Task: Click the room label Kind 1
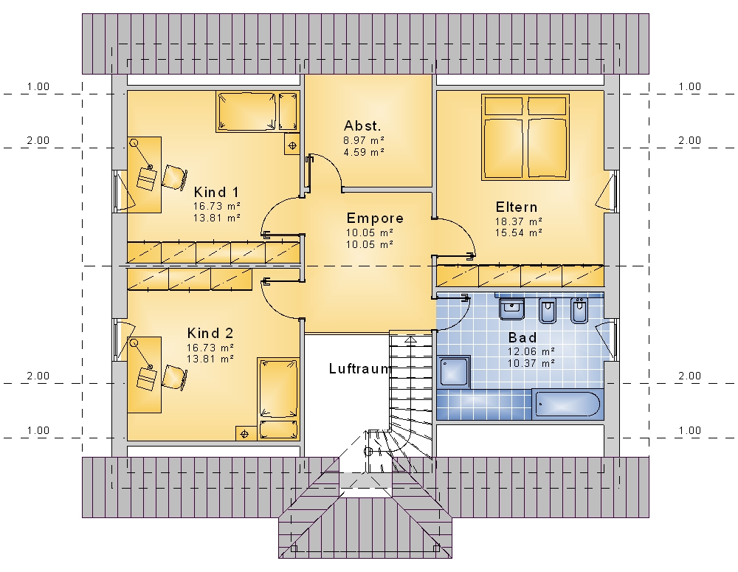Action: tap(216, 192)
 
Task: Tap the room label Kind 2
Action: tap(210, 334)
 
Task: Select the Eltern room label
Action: tap(517, 207)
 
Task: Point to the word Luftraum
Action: tap(360, 368)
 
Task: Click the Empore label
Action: tap(375, 218)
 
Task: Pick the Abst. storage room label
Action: tap(362, 125)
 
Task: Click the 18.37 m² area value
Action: tap(518, 221)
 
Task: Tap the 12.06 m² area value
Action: tap(531, 351)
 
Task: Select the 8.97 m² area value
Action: tap(364, 140)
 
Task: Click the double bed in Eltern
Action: tap(525, 137)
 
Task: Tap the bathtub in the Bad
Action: tap(568, 404)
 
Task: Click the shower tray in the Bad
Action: tap(454, 372)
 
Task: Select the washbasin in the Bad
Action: tap(511, 309)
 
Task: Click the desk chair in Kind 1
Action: tap(174, 177)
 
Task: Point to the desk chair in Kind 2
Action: tap(174, 377)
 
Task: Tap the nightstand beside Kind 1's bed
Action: tap(292, 145)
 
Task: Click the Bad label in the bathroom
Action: tap(523, 337)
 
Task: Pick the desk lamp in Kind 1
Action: tap(141, 155)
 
